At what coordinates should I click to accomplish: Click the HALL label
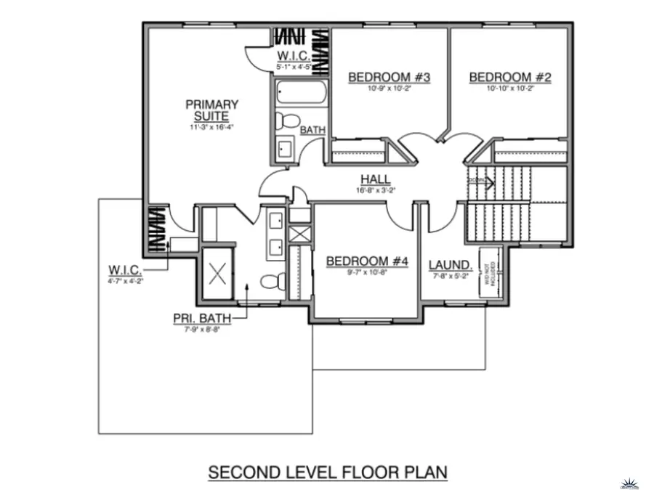376,179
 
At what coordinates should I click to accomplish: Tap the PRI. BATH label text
198,318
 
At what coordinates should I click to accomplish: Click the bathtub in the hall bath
301,94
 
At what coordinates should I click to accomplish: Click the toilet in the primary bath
272,282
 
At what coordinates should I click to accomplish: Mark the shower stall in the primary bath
217,274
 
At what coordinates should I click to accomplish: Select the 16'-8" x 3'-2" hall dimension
376,191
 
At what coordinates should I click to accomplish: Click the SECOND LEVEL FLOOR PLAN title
327,473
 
